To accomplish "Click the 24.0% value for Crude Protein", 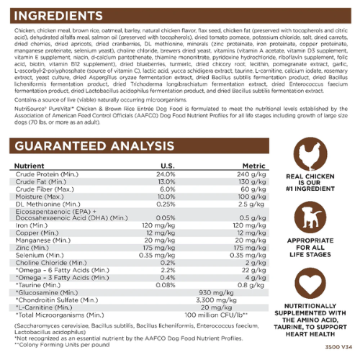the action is pos(166,174).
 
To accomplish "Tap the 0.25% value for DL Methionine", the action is pos(166,203).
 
